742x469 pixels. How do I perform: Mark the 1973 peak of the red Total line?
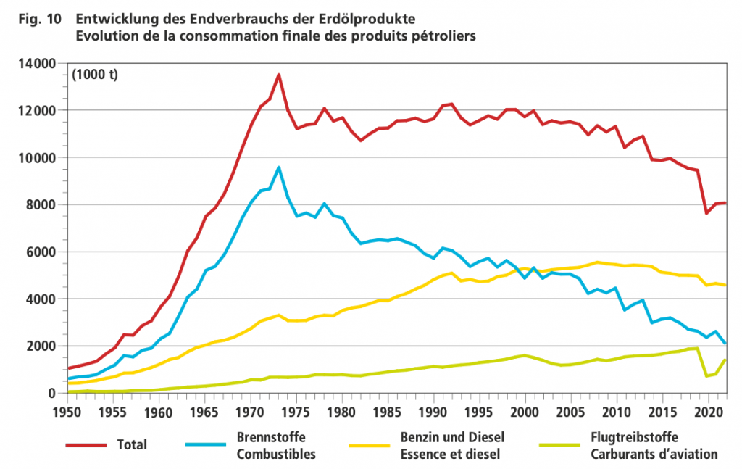278,75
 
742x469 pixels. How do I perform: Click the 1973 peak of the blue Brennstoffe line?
278,167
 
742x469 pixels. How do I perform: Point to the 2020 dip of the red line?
707,213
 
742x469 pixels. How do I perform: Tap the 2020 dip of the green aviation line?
707,376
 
